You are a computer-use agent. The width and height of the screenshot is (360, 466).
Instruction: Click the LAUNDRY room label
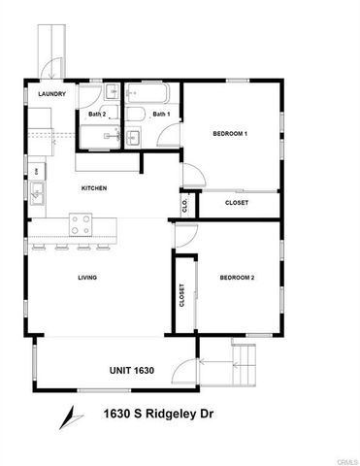pyautogui.click(x=51, y=94)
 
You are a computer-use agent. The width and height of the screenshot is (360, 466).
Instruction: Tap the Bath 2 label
pyautogui.click(x=97, y=115)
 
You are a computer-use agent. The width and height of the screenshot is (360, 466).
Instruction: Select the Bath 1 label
pyautogui.click(x=161, y=115)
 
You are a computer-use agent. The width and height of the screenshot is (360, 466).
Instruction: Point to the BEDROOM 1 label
pyautogui.click(x=232, y=134)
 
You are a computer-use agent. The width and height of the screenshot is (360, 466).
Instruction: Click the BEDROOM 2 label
pyautogui.click(x=238, y=279)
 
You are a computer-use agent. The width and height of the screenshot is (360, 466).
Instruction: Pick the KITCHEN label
pyautogui.click(x=94, y=188)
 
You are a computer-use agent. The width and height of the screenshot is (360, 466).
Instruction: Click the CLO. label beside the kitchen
pyautogui.click(x=184, y=204)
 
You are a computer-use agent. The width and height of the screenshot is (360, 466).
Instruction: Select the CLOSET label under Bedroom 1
pyautogui.click(x=236, y=203)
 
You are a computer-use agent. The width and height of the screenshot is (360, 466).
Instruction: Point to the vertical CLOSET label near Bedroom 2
pyautogui.click(x=182, y=295)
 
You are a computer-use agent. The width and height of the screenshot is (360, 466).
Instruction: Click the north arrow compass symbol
pyautogui.click(x=67, y=416)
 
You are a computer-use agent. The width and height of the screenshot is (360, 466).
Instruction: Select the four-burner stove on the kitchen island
pyautogui.click(x=82, y=225)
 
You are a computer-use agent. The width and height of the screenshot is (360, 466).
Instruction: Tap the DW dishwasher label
pyautogui.click(x=37, y=171)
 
